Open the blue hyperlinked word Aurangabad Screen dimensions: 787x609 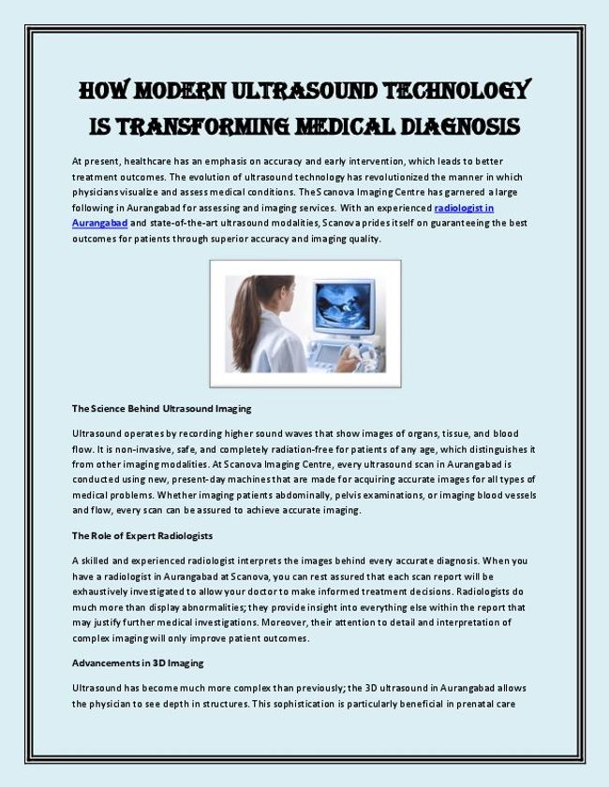(99, 224)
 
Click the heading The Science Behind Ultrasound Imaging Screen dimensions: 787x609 (161, 409)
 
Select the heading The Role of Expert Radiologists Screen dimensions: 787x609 (142, 536)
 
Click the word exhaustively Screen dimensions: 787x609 (108, 591)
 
